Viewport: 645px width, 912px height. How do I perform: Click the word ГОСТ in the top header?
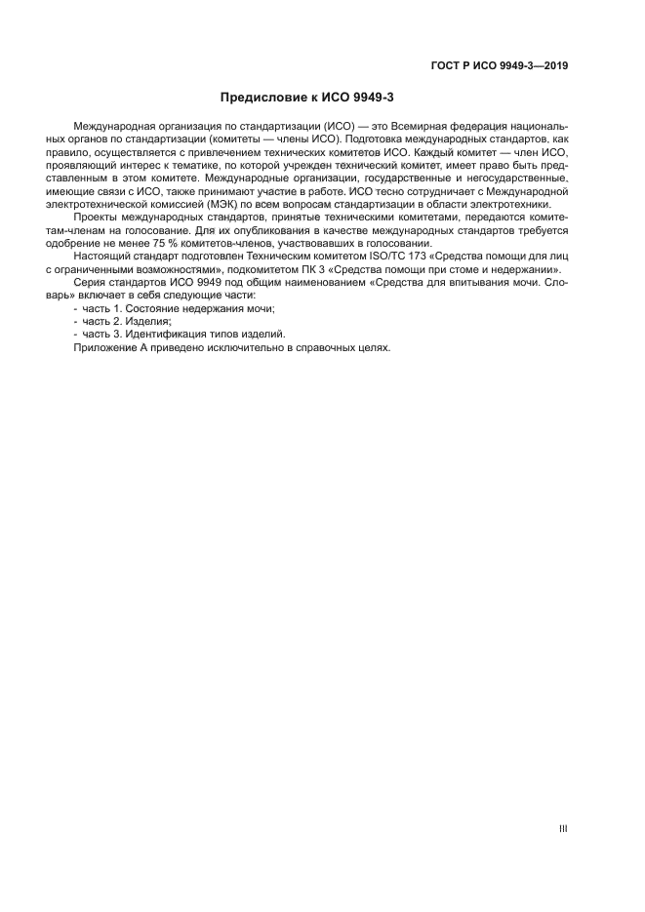point(445,67)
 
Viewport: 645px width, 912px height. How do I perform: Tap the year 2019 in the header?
point(552,67)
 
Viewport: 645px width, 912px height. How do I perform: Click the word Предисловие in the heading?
point(260,98)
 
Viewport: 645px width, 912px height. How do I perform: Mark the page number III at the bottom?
point(563,829)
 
